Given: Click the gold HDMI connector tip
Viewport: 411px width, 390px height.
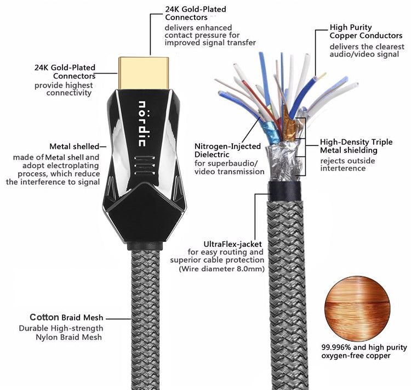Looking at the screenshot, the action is [144, 73].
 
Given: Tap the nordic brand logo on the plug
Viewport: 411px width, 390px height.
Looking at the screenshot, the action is [142, 123].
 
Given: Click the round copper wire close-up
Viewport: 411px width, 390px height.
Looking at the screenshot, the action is [357, 309].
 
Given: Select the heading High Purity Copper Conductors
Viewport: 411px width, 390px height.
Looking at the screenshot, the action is [366, 31].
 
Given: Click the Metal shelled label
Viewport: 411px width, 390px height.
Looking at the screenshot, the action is [75, 146].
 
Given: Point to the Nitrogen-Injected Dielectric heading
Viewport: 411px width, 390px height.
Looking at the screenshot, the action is [227, 150].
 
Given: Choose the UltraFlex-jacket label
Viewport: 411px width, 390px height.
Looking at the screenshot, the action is [233, 244].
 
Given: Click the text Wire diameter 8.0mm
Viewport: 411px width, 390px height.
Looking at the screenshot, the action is [221, 269].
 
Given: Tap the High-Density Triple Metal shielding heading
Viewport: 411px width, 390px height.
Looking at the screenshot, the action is [356, 146].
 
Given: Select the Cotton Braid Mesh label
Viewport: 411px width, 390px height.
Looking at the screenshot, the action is [66, 317].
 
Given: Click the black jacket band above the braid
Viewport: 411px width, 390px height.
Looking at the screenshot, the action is [284, 191].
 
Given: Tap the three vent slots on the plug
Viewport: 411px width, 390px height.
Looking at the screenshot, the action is [144, 165].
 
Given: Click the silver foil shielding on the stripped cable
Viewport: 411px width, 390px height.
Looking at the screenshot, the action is [283, 161].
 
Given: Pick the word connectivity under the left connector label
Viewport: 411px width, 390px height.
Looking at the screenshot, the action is [69, 93].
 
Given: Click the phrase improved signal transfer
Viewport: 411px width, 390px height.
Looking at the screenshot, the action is [210, 43].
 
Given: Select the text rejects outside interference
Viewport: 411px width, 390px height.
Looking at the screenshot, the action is [347, 165].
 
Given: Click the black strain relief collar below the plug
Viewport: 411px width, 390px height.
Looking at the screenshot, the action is [145, 246].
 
